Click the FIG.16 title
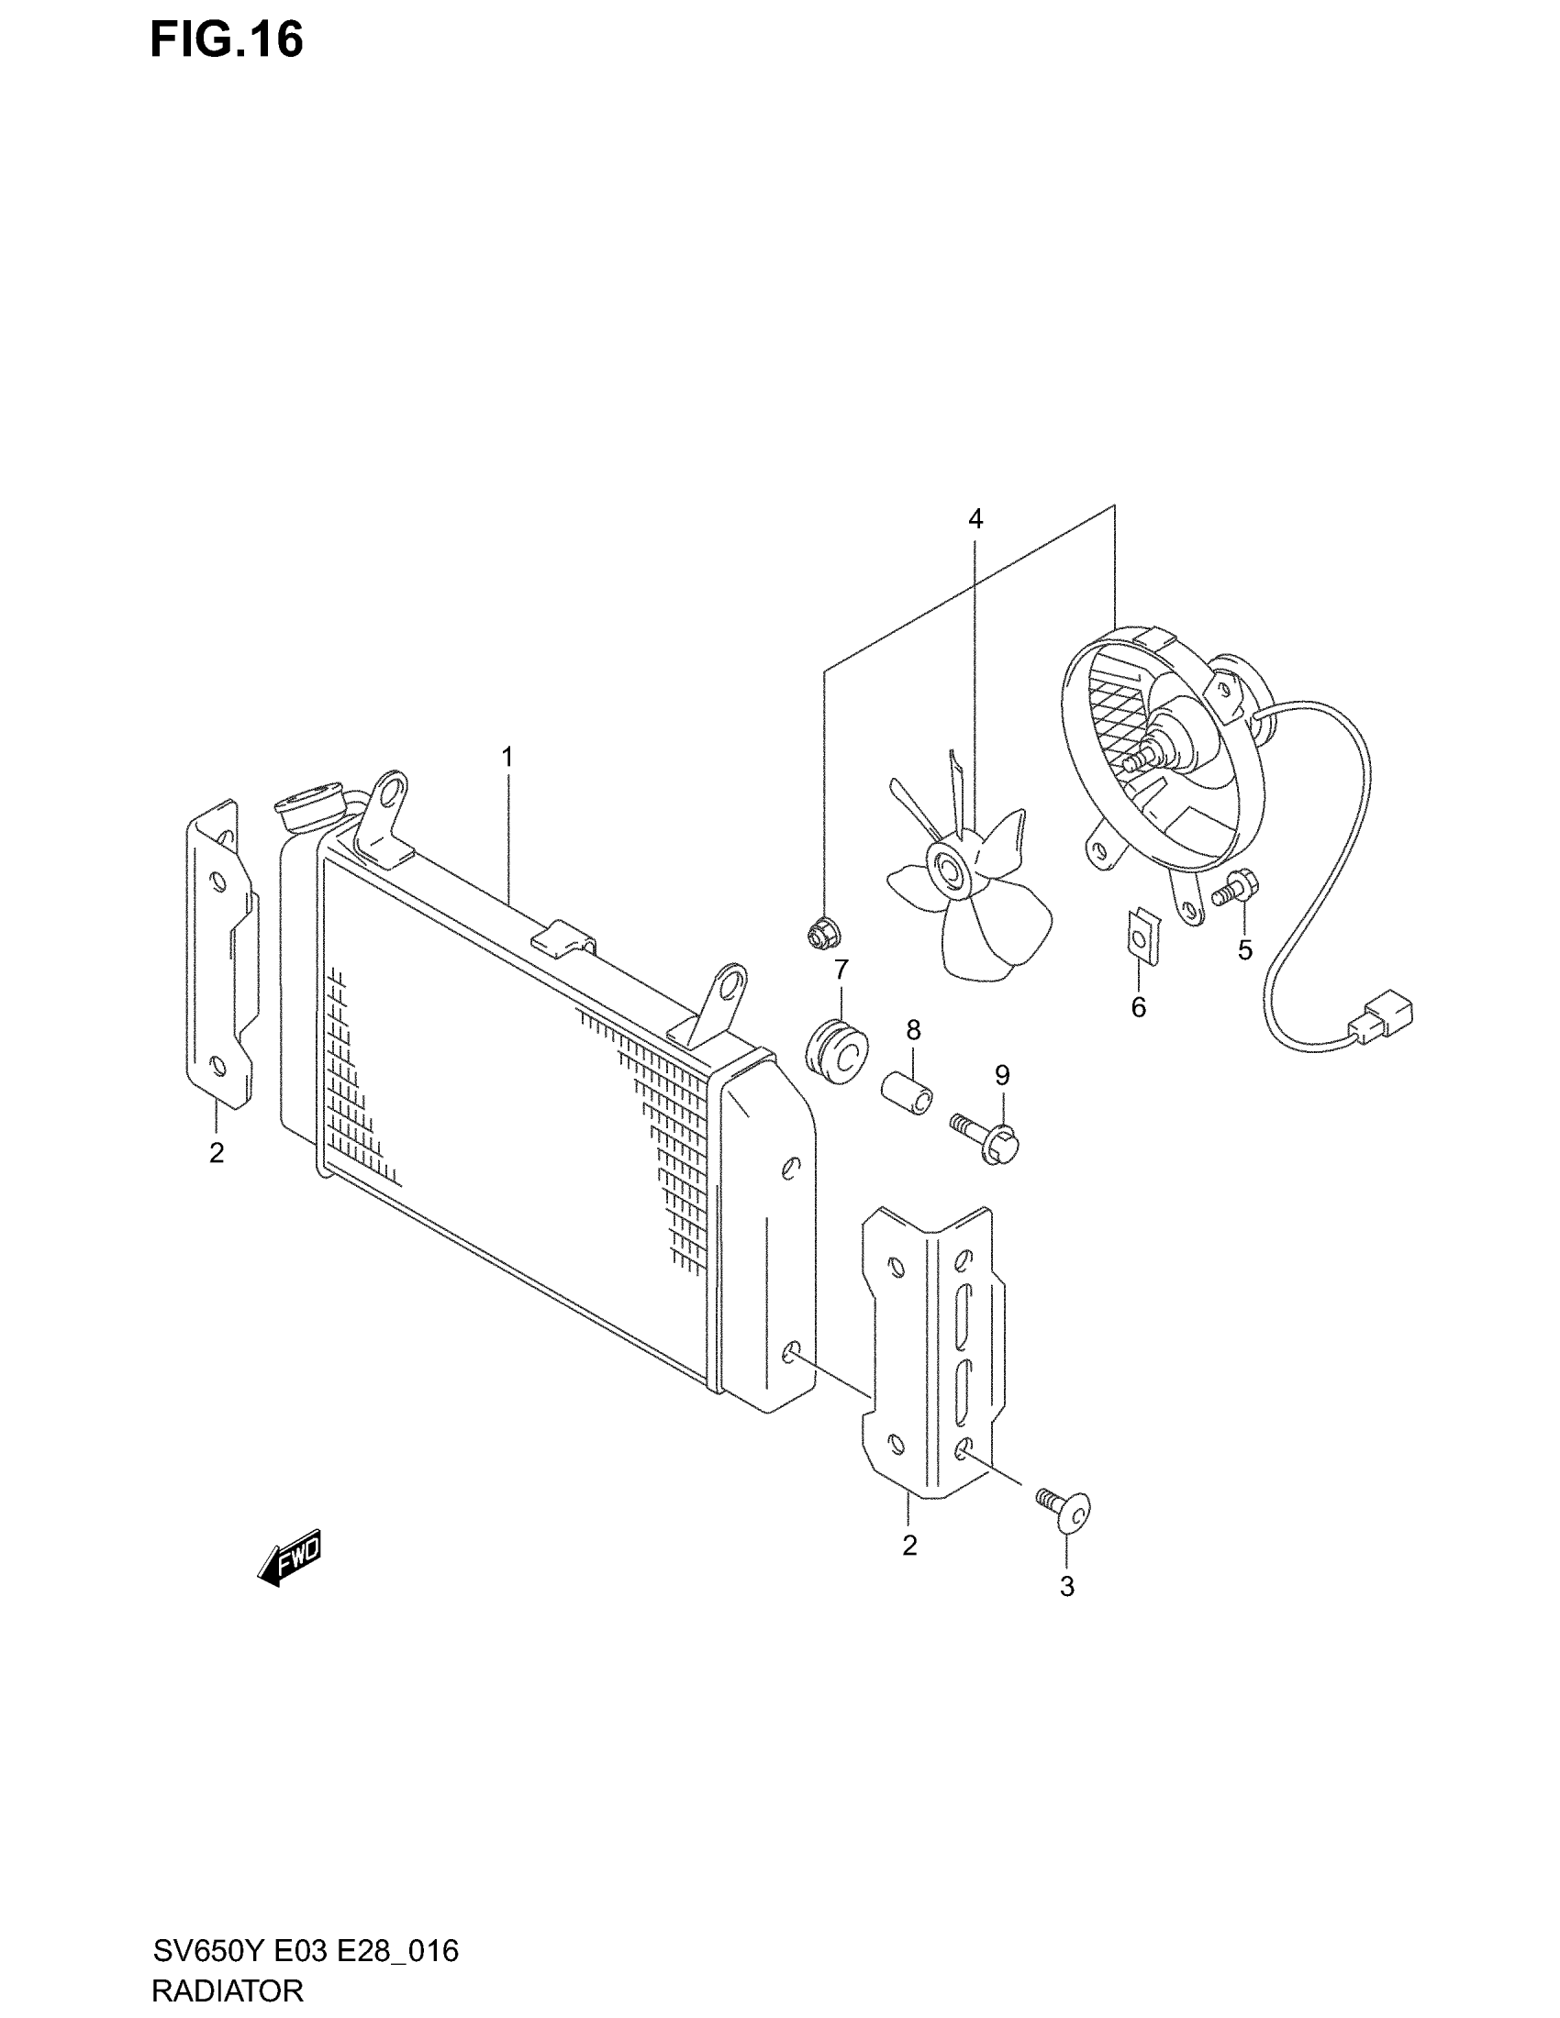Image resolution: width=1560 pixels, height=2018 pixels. coord(227,40)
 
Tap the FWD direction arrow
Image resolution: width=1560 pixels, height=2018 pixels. coord(289,1557)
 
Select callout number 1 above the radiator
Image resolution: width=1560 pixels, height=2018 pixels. coord(507,758)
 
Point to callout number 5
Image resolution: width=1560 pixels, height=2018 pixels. coord(1245,950)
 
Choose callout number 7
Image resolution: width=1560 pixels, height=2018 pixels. coord(841,970)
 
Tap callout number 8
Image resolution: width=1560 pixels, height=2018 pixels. coord(913,1029)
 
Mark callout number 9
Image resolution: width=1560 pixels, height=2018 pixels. coord(1002,1076)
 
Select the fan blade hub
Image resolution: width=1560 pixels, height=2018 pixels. coord(949,869)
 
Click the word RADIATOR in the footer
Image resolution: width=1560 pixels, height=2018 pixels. coord(228,1990)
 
